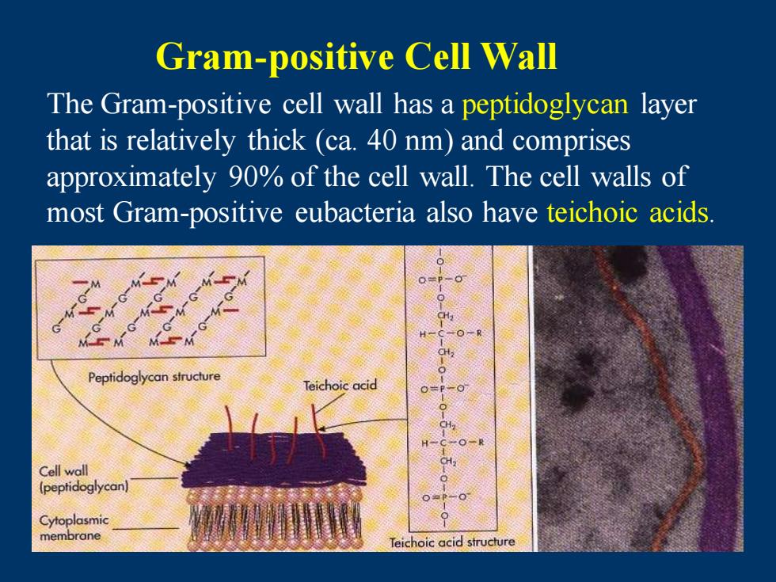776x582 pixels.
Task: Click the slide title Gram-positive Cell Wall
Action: (x=356, y=57)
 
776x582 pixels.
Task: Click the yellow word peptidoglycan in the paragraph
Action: (x=545, y=105)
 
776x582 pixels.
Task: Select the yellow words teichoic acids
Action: (x=627, y=213)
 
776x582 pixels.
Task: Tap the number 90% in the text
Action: (x=256, y=177)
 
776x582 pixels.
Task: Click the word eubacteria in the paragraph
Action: (x=355, y=213)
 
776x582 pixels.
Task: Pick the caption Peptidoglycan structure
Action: (x=154, y=377)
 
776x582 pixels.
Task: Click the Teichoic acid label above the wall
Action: (x=340, y=385)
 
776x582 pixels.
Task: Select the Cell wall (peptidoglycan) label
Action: (x=84, y=479)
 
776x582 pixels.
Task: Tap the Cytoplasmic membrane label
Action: (x=74, y=528)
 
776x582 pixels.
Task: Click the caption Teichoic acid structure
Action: (x=452, y=542)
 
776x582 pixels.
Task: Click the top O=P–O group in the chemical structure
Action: (x=442, y=280)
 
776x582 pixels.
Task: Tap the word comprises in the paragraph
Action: (x=571, y=142)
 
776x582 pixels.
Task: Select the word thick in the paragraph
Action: (x=276, y=141)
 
